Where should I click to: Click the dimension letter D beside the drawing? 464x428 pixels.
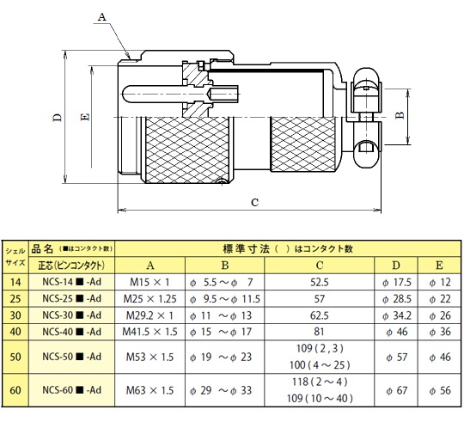[58, 117]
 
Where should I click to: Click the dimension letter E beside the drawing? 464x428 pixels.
[85, 117]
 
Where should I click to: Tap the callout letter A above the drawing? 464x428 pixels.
[101, 17]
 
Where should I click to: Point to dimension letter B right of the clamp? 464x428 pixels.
[400, 115]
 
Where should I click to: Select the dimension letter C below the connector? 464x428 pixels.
[255, 202]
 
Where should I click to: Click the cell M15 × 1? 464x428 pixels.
[150, 282]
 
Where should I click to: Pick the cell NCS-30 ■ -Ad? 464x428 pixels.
[72, 315]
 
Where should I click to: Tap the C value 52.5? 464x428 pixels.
[320, 282]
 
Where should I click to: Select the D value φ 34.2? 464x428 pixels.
[396, 315]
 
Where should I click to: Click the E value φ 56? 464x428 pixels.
[440, 390]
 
